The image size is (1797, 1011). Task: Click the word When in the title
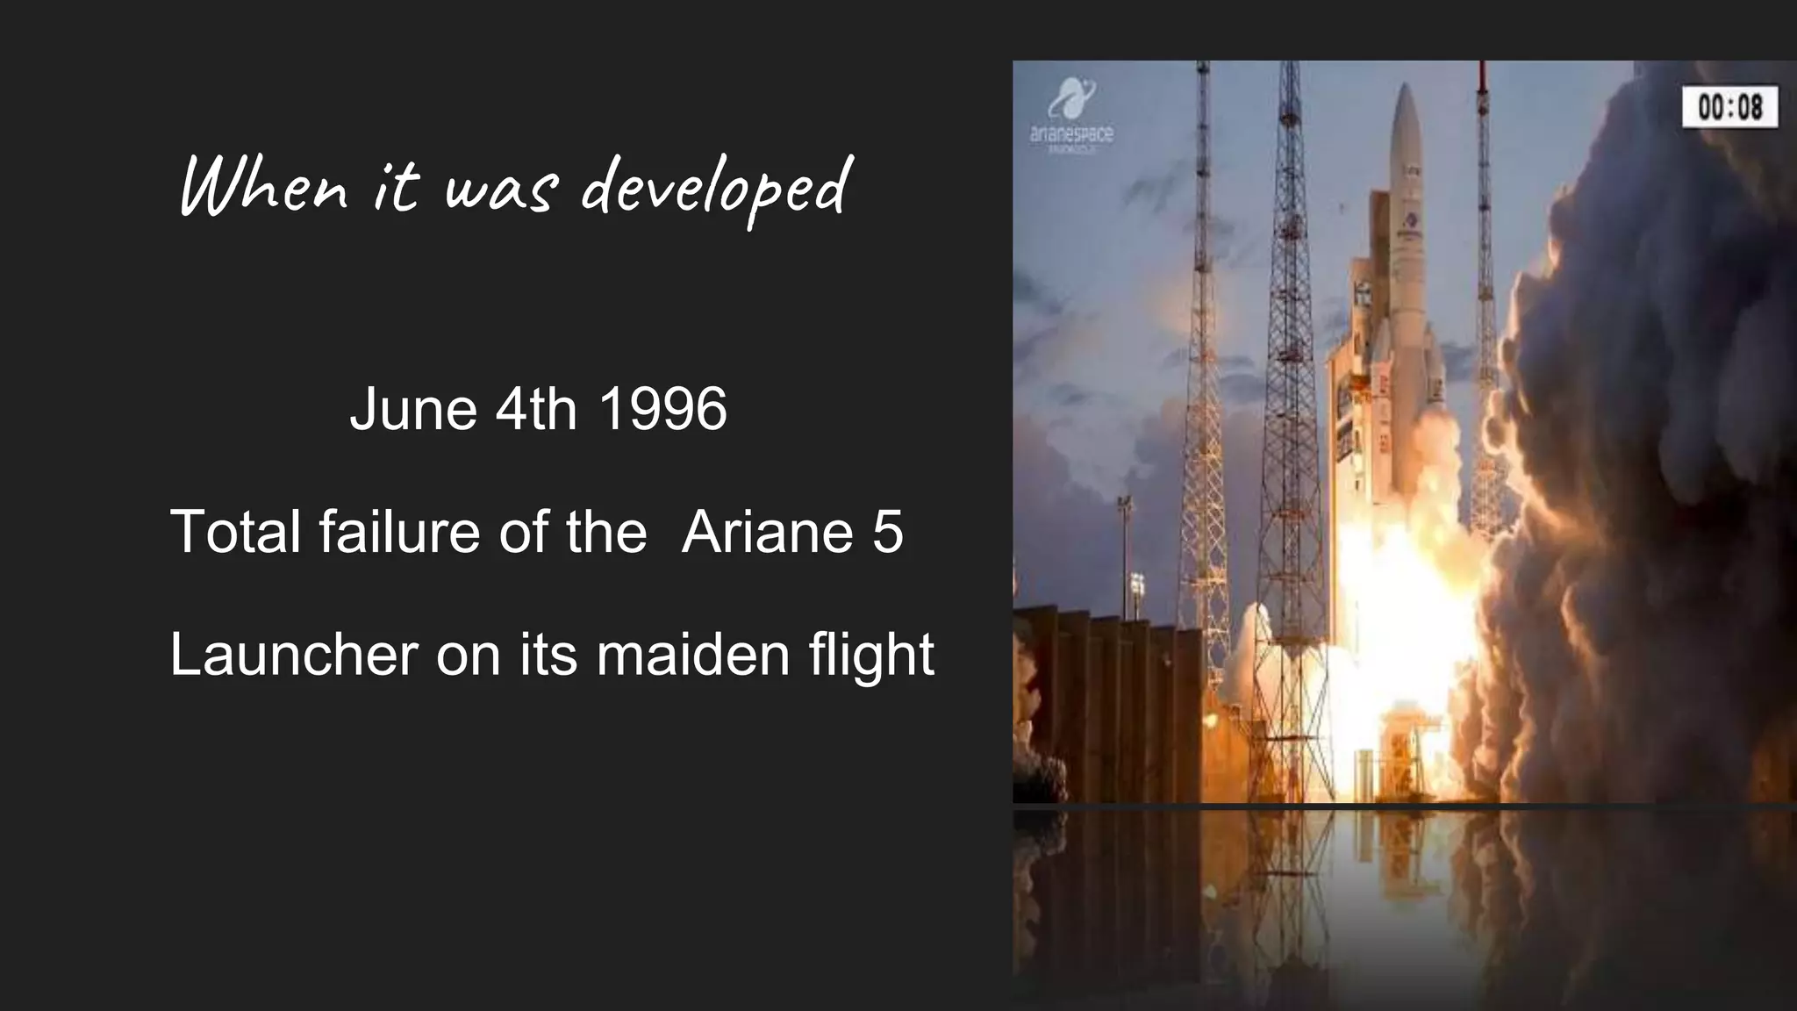tap(263, 186)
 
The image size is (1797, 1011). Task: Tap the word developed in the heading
tap(715, 188)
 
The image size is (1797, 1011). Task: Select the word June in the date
tap(413, 409)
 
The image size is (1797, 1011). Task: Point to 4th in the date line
tap(536, 409)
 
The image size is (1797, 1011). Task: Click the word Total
tap(234, 532)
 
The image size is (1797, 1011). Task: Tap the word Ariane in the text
tap(768, 532)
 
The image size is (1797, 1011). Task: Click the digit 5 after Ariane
tap(887, 532)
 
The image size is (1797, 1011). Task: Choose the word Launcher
tap(293, 655)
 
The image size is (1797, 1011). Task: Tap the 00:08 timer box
tap(1729, 107)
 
